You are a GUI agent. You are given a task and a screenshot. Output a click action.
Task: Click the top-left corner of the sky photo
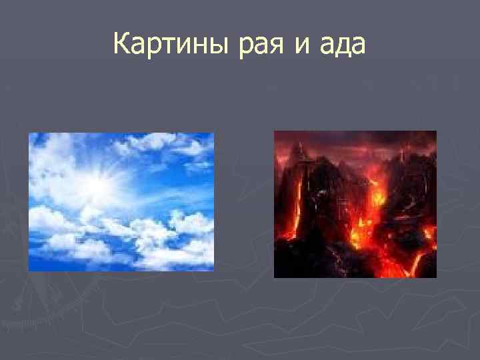(29, 134)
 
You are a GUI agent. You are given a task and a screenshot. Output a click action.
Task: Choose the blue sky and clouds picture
(121, 202)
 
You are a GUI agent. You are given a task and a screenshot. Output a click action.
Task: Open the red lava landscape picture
(355, 204)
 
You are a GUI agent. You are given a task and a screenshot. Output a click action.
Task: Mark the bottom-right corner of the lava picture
(435, 276)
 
